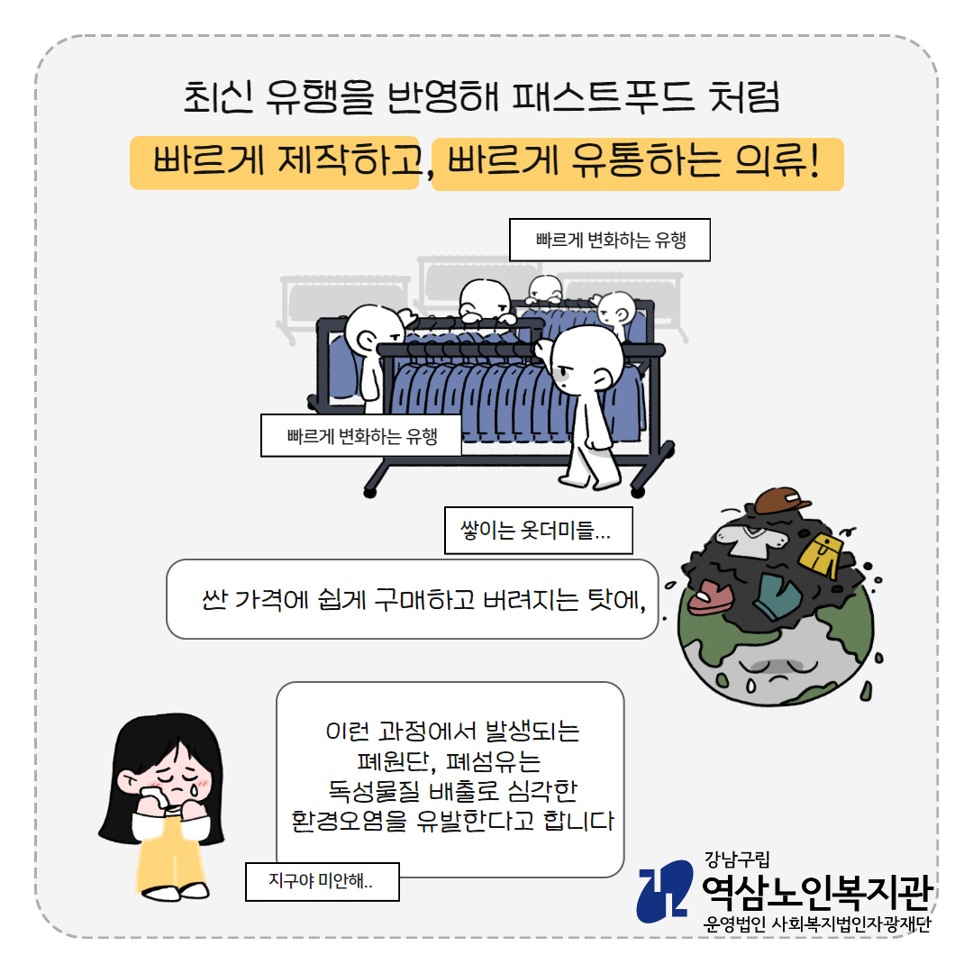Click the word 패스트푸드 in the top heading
[x=603, y=96]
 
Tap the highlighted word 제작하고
[x=350, y=160]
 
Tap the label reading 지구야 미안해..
[x=322, y=881]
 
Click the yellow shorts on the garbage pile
[x=821, y=553]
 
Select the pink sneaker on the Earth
[x=710, y=597]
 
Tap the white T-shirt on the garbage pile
[x=749, y=537]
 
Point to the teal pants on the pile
[x=778, y=596]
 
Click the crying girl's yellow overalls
[x=170, y=850]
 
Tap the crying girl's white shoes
[x=176, y=892]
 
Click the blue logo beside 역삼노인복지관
[x=665, y=891]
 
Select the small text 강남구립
[x=737, y=859]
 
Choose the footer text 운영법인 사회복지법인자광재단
[x=817, y=923]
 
